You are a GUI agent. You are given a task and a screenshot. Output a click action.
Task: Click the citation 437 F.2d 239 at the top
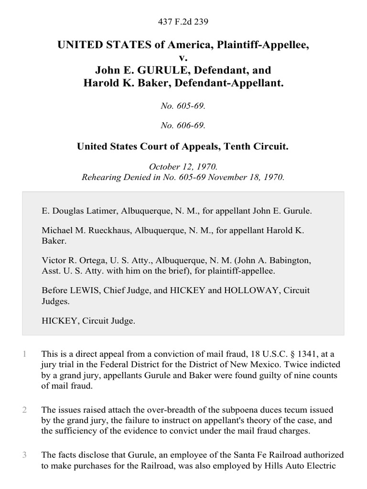183,21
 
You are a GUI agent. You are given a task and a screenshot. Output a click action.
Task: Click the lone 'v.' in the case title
183,58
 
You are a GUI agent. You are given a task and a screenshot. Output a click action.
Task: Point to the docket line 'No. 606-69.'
183,126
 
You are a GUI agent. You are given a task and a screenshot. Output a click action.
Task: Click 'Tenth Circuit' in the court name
261,147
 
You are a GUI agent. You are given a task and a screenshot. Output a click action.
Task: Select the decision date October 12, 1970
183,167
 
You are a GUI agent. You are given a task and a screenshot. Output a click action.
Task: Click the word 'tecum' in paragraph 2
318,410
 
